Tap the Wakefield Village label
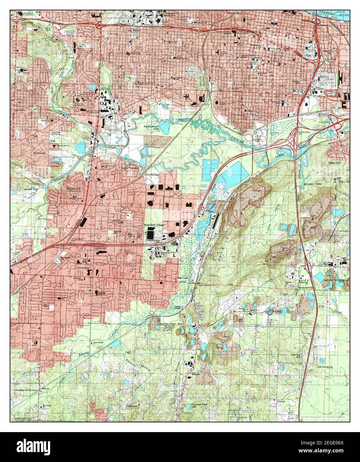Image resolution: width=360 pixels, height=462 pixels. pyautogui.click(x=154, y=225)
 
